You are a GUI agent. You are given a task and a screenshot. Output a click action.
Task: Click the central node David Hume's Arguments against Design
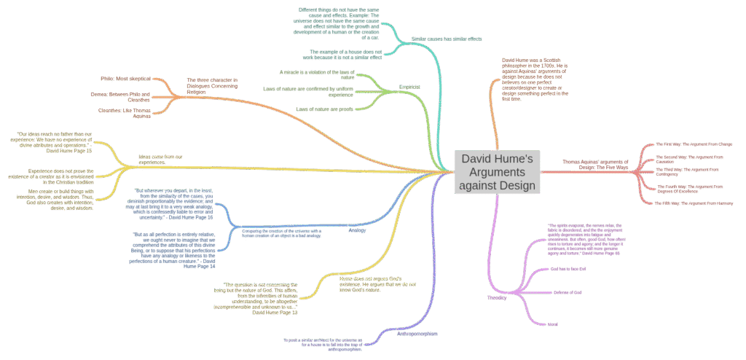tap(498, 172)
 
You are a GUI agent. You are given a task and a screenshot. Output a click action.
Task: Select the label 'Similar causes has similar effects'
tap(446, 38)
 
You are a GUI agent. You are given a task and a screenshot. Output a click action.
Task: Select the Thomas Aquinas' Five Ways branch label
tap(594, 165)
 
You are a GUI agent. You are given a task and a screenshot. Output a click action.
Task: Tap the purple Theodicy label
tap(497, 297)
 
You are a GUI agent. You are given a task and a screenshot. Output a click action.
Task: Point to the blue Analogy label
tap(357, 230)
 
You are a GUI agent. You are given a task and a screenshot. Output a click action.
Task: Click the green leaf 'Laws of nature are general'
tap(324, 109)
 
